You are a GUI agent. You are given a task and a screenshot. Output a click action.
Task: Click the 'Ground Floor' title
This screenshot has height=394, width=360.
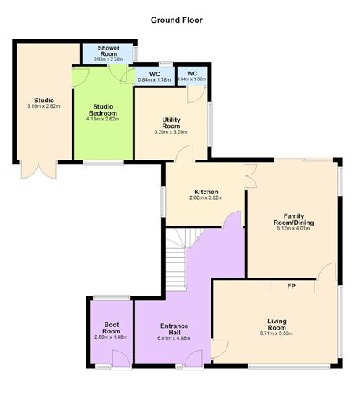pyautogui.click(x=179, y=20)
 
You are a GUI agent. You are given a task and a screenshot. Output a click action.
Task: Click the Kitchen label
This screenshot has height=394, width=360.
pyautogui.click(x=206, y=192)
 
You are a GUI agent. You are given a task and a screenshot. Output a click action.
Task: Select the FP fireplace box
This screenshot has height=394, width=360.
pyautogui.click(x=291, y=286)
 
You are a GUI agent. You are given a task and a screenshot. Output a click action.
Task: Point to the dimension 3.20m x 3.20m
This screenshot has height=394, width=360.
pyautogui.click(x=171, y=133)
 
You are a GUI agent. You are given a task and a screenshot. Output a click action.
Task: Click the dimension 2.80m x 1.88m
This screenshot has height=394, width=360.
pyautogui.click(x=110, y=338)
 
